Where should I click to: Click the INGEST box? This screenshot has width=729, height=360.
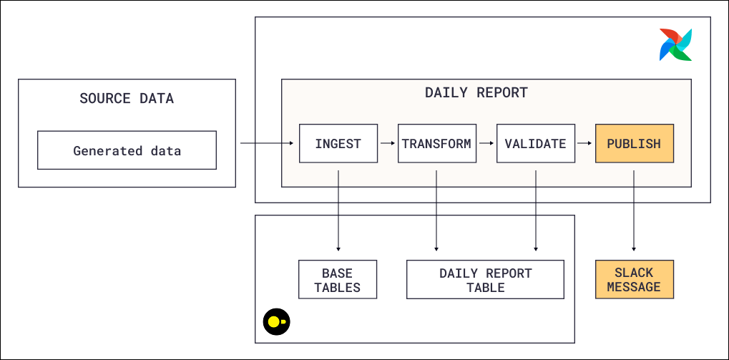[338, 144]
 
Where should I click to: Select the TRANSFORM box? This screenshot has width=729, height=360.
[436, 144]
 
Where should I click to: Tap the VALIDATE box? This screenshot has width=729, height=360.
[535, 144]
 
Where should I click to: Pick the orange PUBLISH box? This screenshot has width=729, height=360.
[634, 144]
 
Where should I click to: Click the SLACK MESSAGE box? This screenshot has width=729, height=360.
[634, 279]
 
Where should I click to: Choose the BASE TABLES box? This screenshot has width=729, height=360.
[338, 279]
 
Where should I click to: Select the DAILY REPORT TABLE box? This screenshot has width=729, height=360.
[485, 279]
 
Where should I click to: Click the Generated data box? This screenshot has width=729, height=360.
[127, 150]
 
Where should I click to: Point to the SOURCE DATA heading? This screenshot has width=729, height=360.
[127, 99]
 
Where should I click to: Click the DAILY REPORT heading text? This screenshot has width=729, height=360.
[476, 92]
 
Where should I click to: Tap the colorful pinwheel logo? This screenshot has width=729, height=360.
[675, 45]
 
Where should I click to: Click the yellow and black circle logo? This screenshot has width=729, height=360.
[275, 322]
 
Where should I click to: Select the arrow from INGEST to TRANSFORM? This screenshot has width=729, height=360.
[388, 144]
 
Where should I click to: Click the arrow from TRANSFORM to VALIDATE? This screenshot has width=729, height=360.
[486, 144]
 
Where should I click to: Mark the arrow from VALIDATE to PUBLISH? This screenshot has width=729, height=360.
[584, 144]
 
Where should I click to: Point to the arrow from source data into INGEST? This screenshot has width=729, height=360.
[266, 144]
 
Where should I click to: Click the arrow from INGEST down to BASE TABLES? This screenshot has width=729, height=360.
[338, 208]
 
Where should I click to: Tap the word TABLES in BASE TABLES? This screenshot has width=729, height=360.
[338, 288]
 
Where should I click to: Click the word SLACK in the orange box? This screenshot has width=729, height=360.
[634, 272]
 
